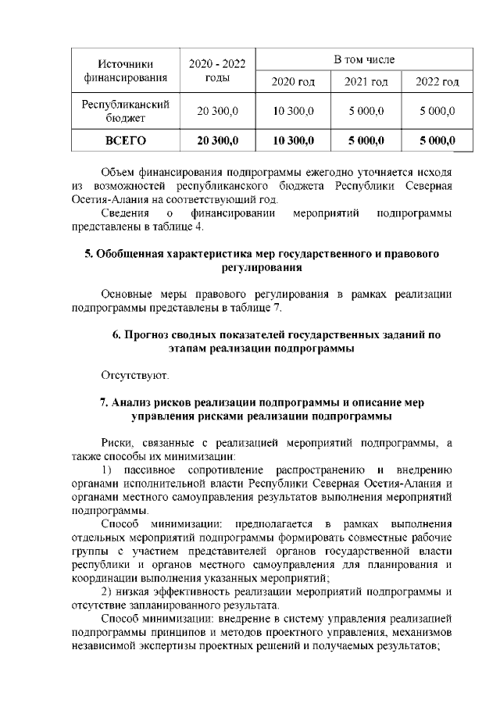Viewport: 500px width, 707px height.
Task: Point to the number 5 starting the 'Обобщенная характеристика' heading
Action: coord(87,254)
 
